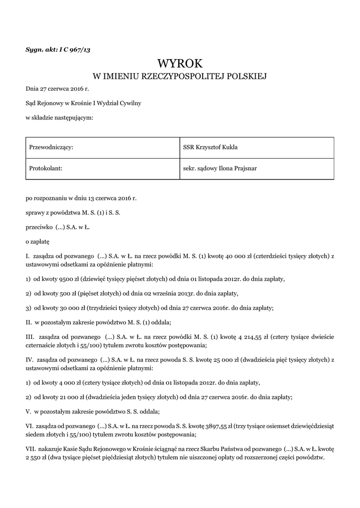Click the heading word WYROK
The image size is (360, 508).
[x=180, y=63]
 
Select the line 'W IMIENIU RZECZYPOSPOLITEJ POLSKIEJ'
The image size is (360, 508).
[x=180, y=76]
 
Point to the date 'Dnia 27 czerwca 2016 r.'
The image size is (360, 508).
[x=57, y=89]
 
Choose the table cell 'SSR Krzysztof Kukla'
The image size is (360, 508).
[x=211, y=147]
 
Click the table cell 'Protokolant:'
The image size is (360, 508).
[x=46, y=168]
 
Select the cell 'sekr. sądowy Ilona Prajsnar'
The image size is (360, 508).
[x=219, y=168]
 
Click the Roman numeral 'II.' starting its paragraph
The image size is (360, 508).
[x=29, y=322]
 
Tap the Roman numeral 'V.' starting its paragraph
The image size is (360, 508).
[x=28, y=411]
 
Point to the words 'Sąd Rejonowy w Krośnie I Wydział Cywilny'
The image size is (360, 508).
[x=83, y=103]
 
